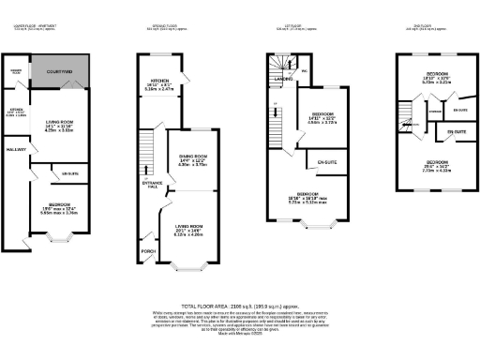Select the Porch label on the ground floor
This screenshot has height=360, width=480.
click(x=146, y=250)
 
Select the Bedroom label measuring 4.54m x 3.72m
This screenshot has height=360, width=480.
click(x=321, y=117)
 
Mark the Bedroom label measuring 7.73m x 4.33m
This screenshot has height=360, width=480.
click(x=437, y=167)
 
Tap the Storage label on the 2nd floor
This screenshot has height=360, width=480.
click(x=434, y=110)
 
